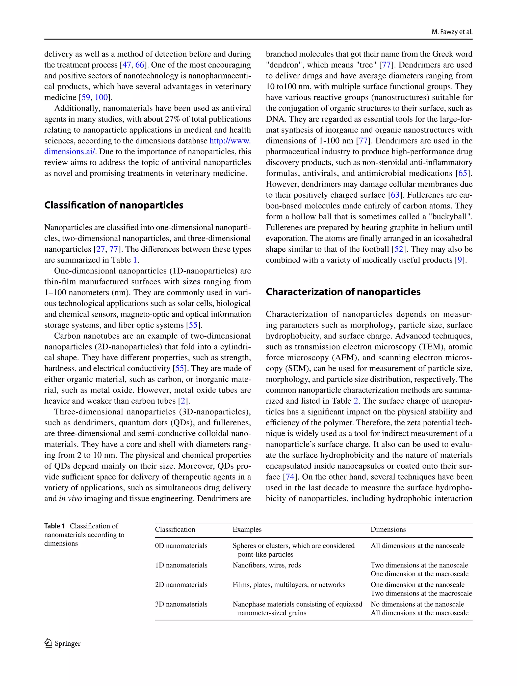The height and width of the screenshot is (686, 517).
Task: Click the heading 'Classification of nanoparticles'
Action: tap(114, 205)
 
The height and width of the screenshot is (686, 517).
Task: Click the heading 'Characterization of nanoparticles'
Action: tap(343, 292)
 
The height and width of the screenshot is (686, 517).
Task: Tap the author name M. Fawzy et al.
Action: tap(452, 32)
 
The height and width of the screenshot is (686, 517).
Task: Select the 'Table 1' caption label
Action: tap(55, 526)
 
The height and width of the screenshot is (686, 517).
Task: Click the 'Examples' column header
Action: tap(247, 529)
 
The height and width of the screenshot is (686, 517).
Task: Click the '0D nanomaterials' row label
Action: tap(181, 546)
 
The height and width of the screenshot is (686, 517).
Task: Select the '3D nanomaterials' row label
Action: tap(181, 604)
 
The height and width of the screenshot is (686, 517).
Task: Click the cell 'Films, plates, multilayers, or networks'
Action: tap(289, 585)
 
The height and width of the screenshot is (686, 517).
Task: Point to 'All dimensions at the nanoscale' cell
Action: tap(417, 546)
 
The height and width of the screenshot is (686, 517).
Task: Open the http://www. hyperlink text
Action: tap(230, 141)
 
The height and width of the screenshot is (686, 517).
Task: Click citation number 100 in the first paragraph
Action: tap(101, 97)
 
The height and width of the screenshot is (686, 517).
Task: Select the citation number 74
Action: tap(290, 477)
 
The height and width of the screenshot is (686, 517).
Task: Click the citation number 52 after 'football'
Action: tap(399, 249)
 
